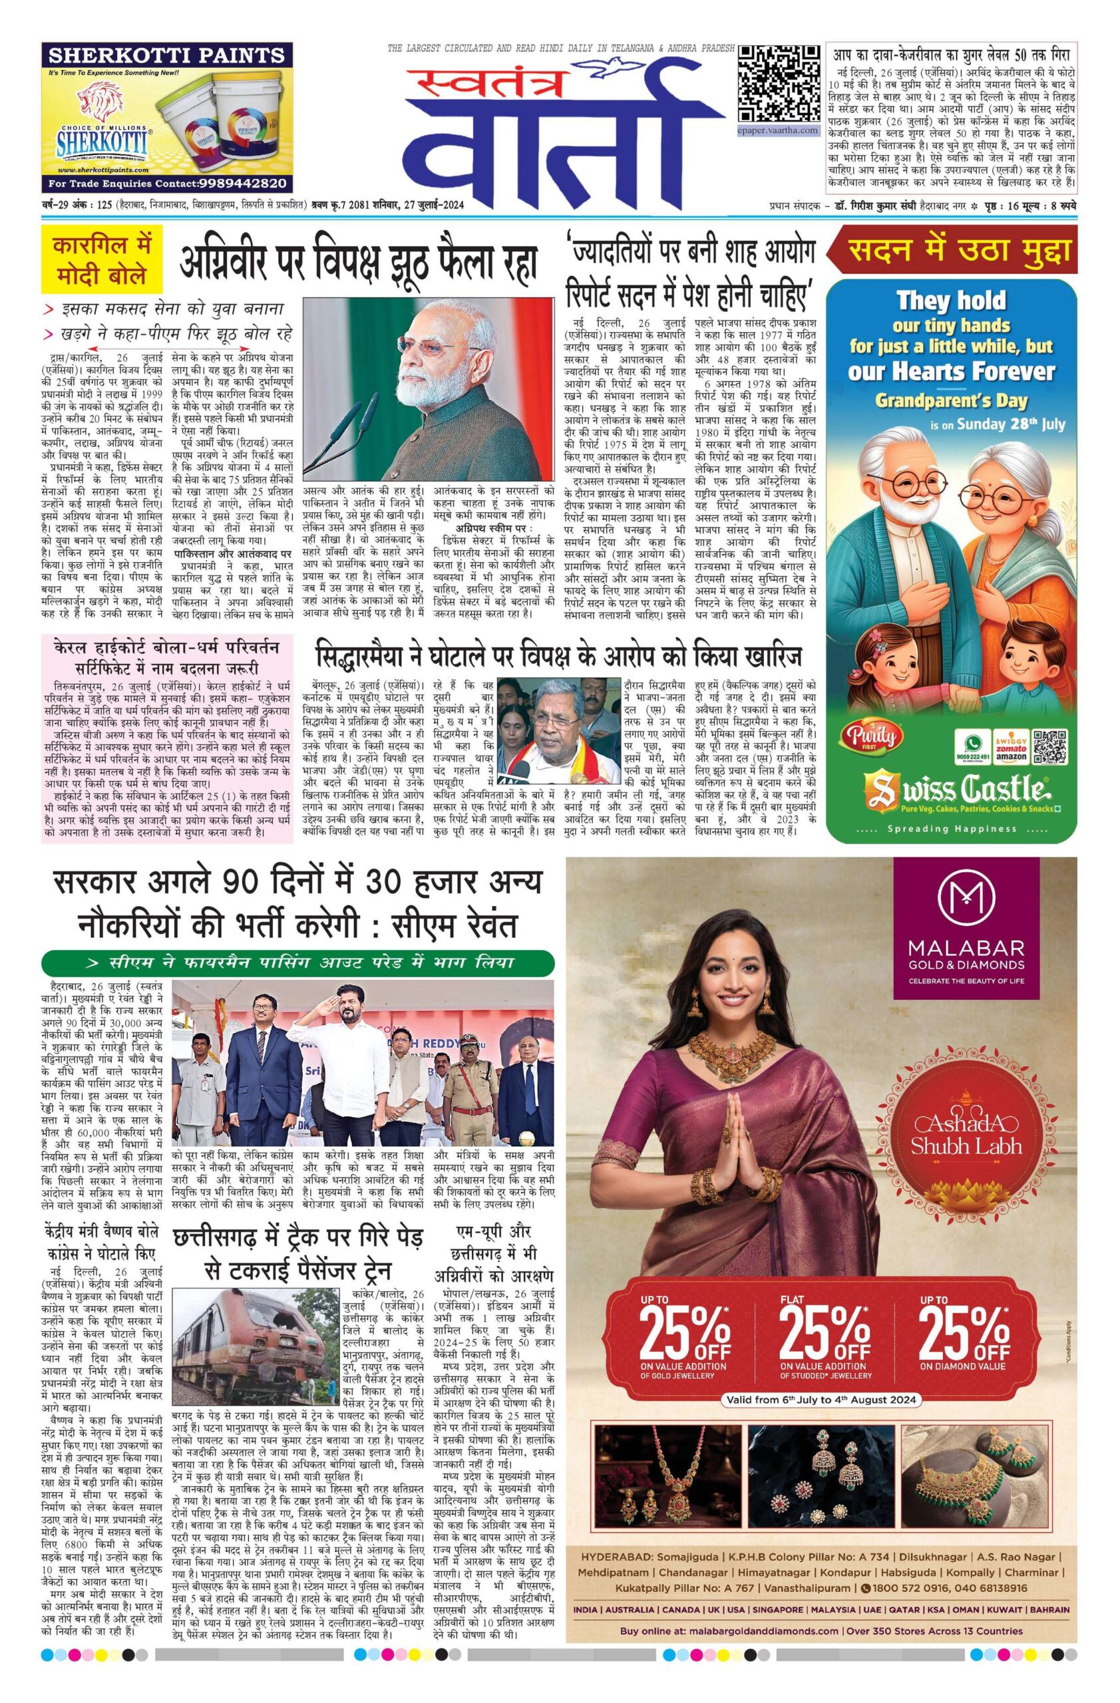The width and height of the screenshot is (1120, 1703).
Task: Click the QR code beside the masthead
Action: click(x=779, y=85)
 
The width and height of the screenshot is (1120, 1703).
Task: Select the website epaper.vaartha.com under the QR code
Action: click(x=778, y=131)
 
